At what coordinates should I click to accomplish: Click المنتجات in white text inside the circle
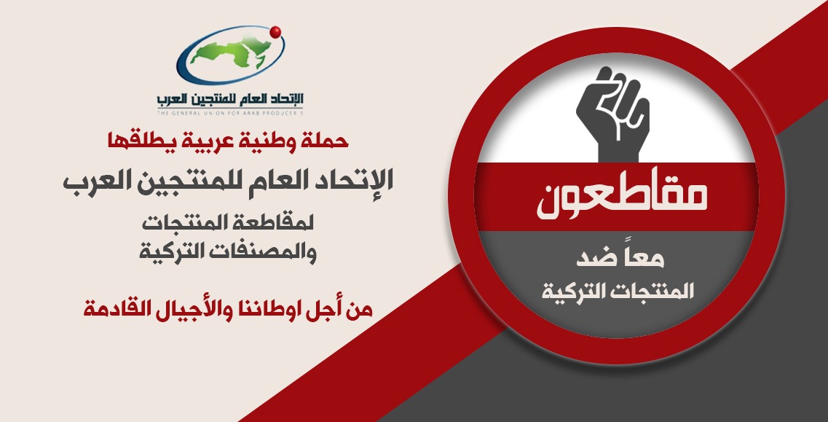click(640, 292)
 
